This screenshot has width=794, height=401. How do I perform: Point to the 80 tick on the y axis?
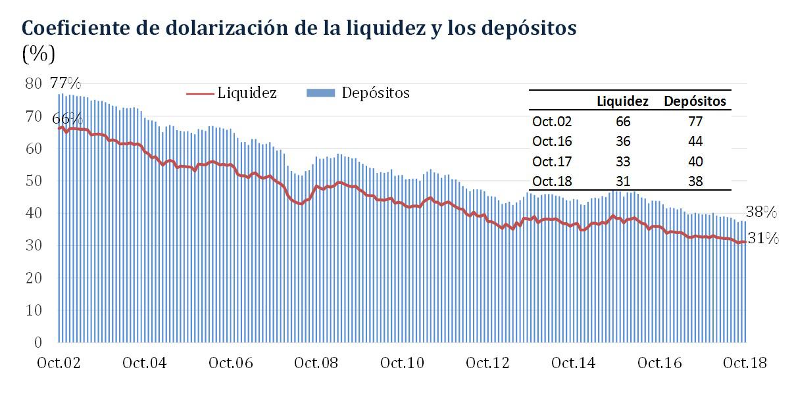coord(33,83)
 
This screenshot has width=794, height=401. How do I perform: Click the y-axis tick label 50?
coord(33,181)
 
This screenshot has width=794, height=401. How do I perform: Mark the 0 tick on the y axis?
coord(37,342)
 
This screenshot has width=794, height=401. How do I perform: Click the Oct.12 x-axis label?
coord(487,363)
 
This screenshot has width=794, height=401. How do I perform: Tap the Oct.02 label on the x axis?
coord(59,363)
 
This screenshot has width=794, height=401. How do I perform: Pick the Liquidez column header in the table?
coord(622,102)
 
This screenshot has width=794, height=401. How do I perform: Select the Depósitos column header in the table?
coord(695,102)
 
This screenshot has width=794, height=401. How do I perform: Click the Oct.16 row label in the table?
coord(552,141)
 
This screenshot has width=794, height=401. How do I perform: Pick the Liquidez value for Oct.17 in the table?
coord(622,161)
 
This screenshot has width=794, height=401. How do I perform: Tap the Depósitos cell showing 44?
coord(695,141)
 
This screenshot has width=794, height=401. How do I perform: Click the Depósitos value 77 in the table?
coord(695,122)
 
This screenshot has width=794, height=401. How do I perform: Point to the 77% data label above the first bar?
coord(66,83)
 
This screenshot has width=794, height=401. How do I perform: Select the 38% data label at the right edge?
coord(762,212)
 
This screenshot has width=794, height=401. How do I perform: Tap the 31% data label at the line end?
coord(764,239)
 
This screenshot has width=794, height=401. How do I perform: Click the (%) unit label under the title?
coord(39,54)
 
